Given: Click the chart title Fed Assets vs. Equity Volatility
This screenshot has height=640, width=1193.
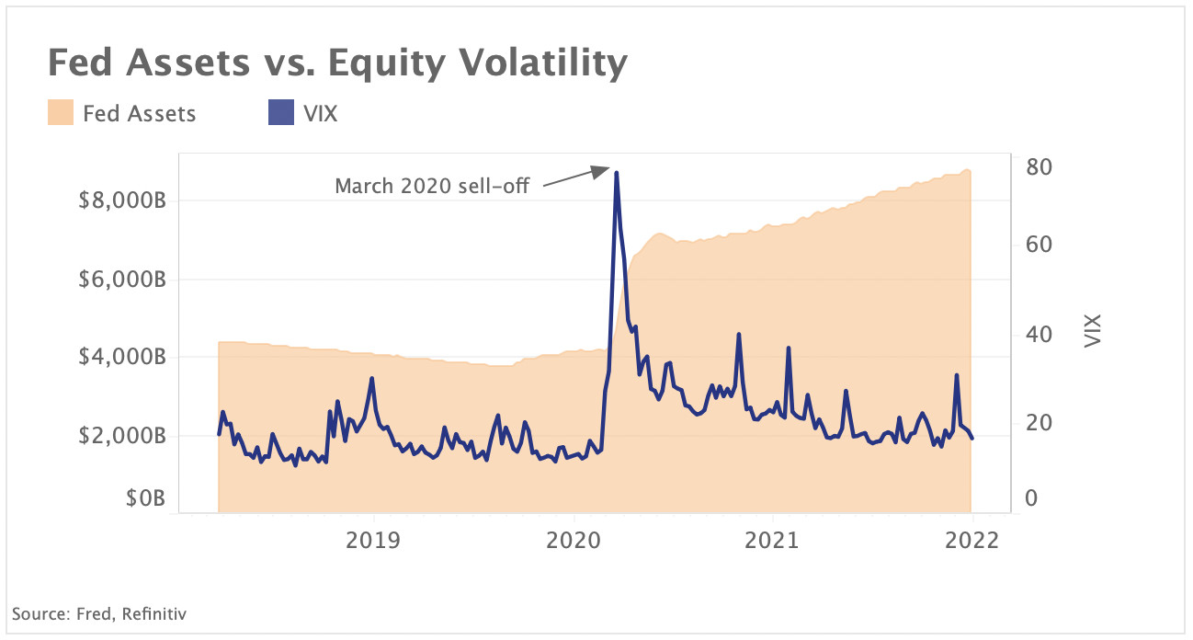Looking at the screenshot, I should pyautogui.click(x=337, y=63).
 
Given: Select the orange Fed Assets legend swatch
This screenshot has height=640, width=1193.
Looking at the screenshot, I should pyautogui.click(x=60, y=114).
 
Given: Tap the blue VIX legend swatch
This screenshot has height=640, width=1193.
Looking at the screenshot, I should pyautogui.click(x=279, y=114).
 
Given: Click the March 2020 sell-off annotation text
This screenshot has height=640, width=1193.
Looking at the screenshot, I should pyautogui.click(x=431, y=187).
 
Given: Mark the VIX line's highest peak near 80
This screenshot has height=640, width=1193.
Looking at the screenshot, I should pyautogui.click(x=616, y=173).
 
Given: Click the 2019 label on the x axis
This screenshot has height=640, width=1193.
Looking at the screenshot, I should pyautogui.click(x=373, y=541).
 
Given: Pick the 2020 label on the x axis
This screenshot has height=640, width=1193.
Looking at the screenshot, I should pyautogui.click(x=574, y=541).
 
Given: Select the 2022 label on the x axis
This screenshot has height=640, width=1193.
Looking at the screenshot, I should pyautogui.click(x=972, y=541).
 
